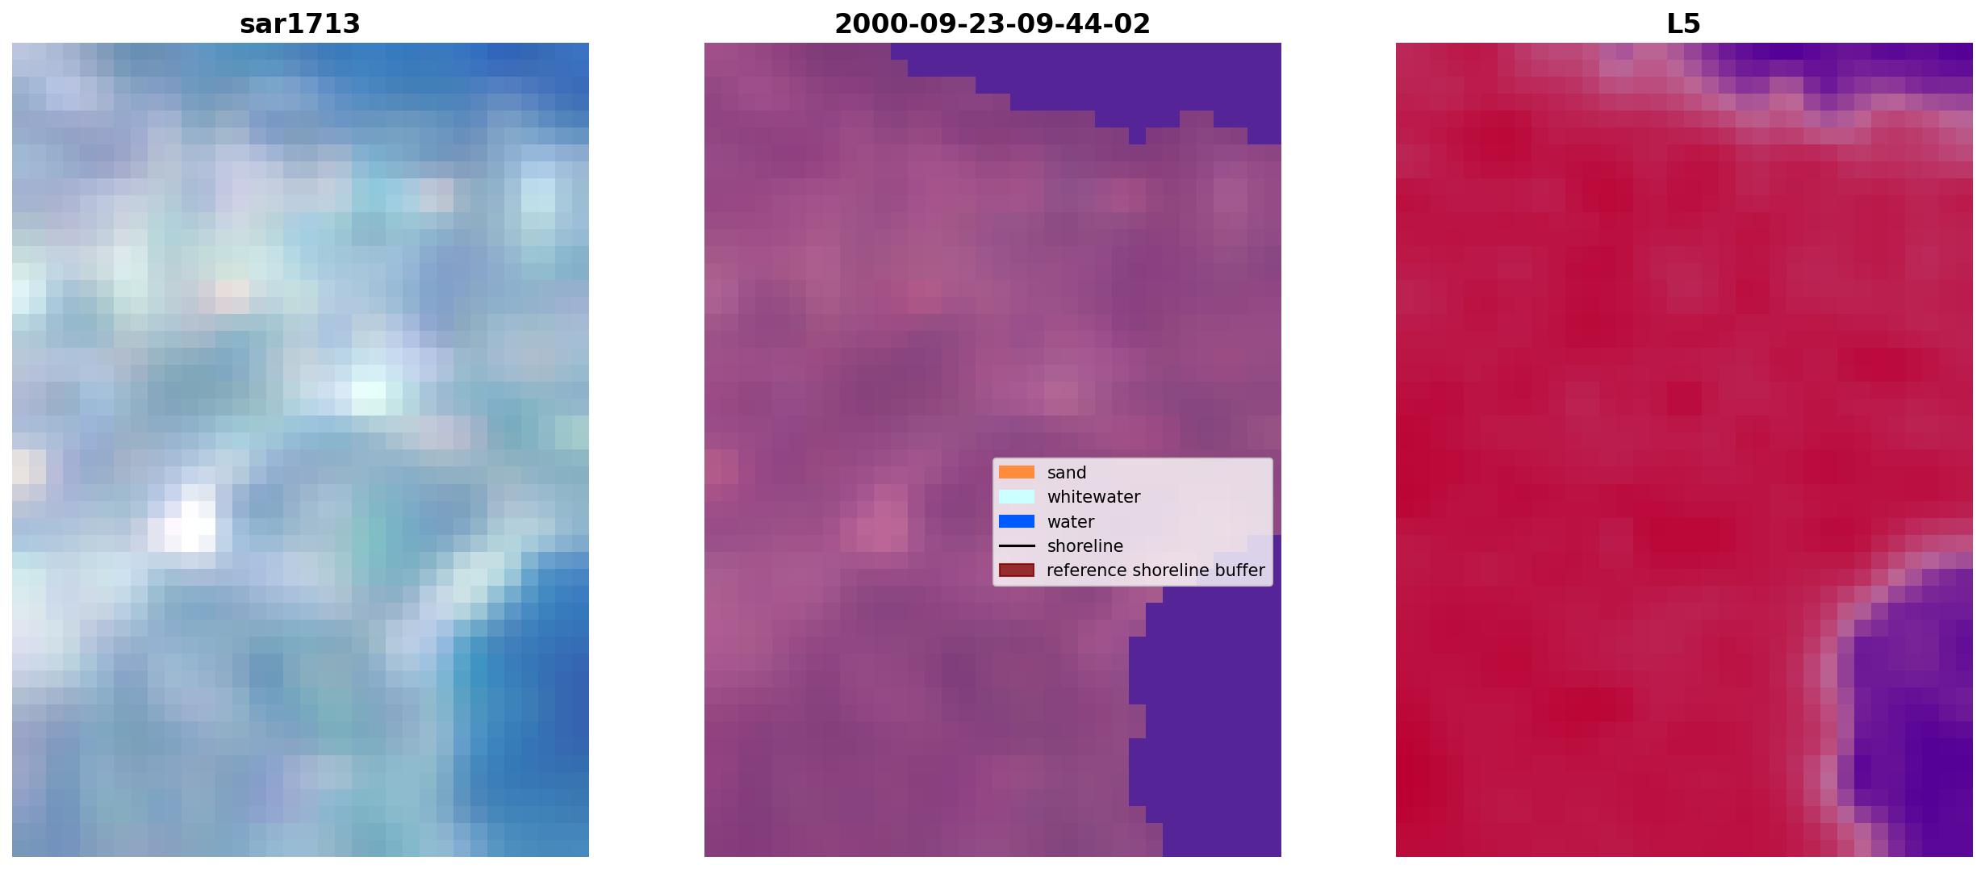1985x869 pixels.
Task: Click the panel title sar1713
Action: (300, 23)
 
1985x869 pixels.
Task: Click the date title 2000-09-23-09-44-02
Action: (992, 23)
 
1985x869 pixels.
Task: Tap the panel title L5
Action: (1684, 23)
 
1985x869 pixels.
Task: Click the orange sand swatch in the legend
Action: (1017, 472)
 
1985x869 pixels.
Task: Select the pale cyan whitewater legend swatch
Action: (1017, 497)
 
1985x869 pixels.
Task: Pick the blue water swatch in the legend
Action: (1017, 521)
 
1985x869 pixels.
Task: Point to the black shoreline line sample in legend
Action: (1017, 546)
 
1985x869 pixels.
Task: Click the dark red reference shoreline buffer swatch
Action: (1017, 570)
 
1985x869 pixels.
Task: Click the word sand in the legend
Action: (1067, 473)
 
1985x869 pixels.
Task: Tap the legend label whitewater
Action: (1093, 497)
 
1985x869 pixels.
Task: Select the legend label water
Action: (1071, 522)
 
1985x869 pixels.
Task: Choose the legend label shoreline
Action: (1085, 546)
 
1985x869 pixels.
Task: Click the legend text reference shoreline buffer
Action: (1155, 570)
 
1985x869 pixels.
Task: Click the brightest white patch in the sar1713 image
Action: (190, 524)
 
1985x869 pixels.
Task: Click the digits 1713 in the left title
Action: (329, 23)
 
